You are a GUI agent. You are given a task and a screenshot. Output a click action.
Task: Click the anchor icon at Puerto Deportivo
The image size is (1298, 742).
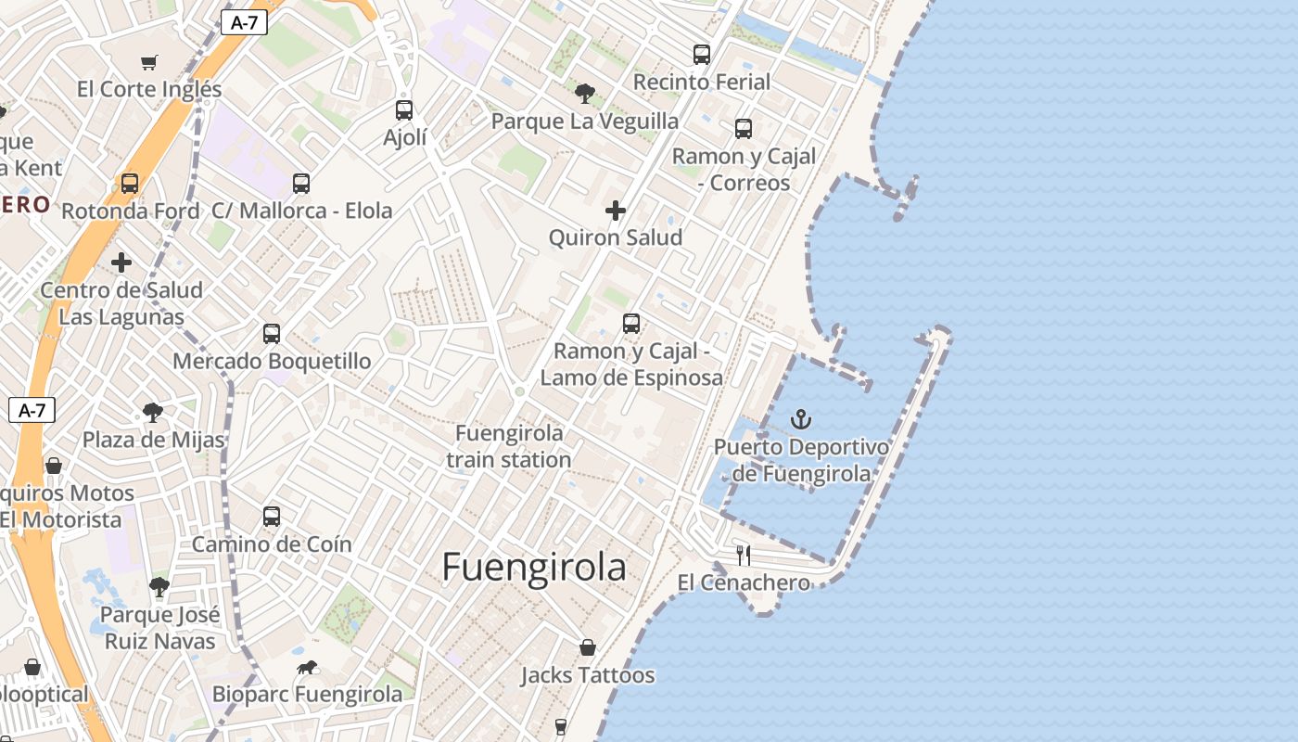click(x=800, y=419)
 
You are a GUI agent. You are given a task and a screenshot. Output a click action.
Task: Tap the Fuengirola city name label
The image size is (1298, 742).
click(x=533, y=567)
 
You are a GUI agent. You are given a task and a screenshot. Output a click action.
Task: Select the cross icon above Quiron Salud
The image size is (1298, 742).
click(x=616, y=211)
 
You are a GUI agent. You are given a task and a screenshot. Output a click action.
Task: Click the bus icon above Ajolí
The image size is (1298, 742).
click(x=404, y=110)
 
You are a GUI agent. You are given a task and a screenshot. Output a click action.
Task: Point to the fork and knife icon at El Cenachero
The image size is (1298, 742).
click(x=743, y=556)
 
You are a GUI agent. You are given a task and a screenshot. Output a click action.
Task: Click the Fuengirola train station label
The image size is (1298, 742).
click(x=508, y=446)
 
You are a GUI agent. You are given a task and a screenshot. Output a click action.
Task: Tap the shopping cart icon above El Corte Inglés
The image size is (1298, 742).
click(x=149, y=62)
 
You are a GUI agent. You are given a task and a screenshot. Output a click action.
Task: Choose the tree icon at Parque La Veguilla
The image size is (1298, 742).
click(x=584, y=93)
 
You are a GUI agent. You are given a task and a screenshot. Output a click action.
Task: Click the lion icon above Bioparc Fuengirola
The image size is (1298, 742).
click(x=308, y=667)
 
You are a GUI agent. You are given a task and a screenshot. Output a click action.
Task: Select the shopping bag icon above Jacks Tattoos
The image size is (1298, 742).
click(x=587, y=647)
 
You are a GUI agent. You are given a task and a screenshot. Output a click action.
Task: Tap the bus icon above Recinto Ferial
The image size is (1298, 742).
click(x=702, y=55)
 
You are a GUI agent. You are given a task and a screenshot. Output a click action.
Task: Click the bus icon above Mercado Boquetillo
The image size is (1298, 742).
click(x=272, y=334)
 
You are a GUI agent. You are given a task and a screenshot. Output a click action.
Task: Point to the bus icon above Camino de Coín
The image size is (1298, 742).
click(x=272, y=517)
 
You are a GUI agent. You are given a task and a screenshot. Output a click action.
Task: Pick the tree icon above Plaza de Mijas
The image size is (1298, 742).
click(x=153, y=413)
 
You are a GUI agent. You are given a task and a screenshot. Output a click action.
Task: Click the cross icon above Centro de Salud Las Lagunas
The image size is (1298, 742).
click(x=121, y=262)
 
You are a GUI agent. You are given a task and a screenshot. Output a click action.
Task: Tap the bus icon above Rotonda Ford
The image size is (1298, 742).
click(x=130, y=184)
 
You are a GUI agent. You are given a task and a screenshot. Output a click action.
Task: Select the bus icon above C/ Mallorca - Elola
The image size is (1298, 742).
click(x=301, y=184)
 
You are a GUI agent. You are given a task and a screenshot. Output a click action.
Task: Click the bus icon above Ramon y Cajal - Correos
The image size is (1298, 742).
click(x=744, y=129)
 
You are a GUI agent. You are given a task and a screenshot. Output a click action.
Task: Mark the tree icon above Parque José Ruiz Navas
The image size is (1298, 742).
click(x=159, y=587)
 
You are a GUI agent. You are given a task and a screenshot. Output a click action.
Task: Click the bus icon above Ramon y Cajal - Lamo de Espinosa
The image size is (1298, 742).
click(x=631, y=324)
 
